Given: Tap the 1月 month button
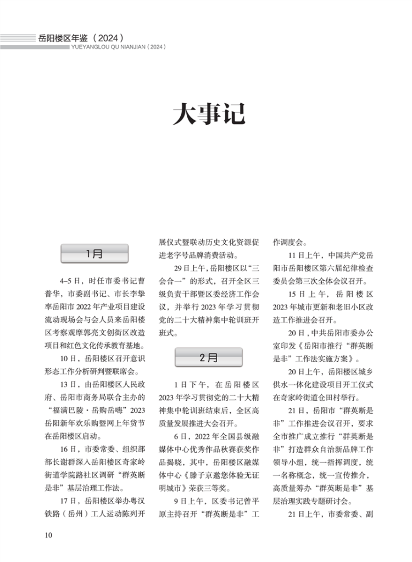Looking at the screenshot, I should click(94, 254).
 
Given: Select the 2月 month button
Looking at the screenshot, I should click(208, 358).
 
